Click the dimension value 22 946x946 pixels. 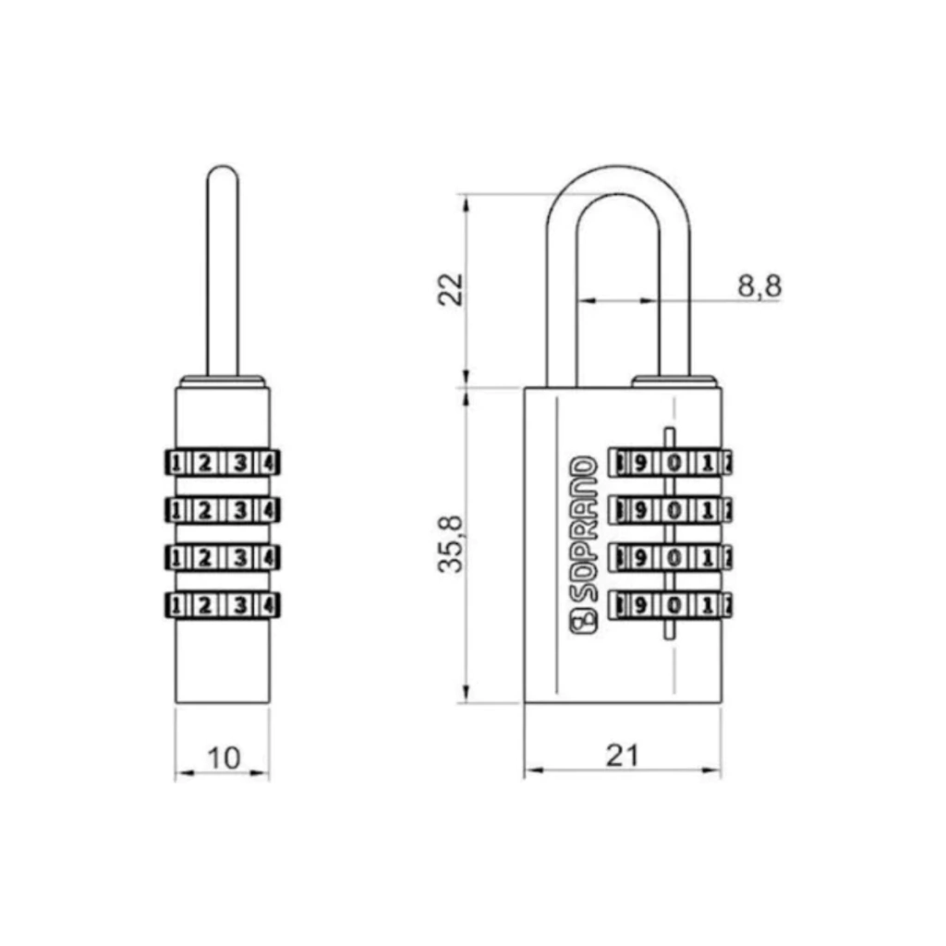[451, 289]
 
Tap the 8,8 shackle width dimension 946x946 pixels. [759, 285]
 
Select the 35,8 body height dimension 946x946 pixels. [451, 544]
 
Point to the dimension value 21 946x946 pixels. [622, 756]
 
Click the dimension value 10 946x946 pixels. [224, 758]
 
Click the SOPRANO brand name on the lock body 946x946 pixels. [584, 529]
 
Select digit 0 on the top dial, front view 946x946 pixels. [674, 464]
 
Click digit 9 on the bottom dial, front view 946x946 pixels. [640, 605]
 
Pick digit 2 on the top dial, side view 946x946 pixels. [204, 464]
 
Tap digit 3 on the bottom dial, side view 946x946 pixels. [240, 605]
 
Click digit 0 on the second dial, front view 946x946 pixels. [674, 511]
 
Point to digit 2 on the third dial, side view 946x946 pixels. [204, 558]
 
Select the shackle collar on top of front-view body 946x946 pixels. [674, 382]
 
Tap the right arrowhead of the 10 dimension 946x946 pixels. [261, 772]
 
